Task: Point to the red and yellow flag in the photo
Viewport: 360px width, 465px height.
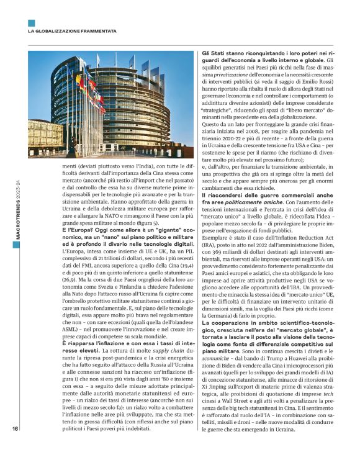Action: pos(79,81)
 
